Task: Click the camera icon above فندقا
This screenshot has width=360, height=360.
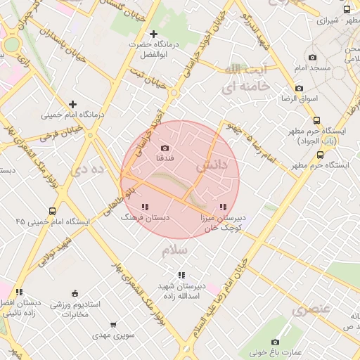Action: (165, 148)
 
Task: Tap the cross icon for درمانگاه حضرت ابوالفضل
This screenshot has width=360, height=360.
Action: (154, 34)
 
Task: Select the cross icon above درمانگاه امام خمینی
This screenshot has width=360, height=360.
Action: (72, 104)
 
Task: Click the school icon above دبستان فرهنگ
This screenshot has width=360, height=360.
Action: (145, 207)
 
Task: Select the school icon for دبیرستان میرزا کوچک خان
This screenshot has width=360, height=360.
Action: (222, 207)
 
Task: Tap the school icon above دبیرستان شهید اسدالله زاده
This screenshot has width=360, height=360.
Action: (181, 275)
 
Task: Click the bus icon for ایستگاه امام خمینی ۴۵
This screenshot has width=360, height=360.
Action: (53, 211)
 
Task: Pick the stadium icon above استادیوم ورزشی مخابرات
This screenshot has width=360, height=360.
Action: (75, 293)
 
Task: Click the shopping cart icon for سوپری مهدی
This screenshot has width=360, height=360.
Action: (113, 325)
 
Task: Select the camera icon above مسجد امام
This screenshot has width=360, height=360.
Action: (312, 57)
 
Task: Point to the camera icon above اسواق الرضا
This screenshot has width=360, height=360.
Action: (299, 89)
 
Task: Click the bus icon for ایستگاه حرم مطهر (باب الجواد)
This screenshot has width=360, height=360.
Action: (316, 120)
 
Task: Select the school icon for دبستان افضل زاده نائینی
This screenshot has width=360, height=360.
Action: (20, 292)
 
